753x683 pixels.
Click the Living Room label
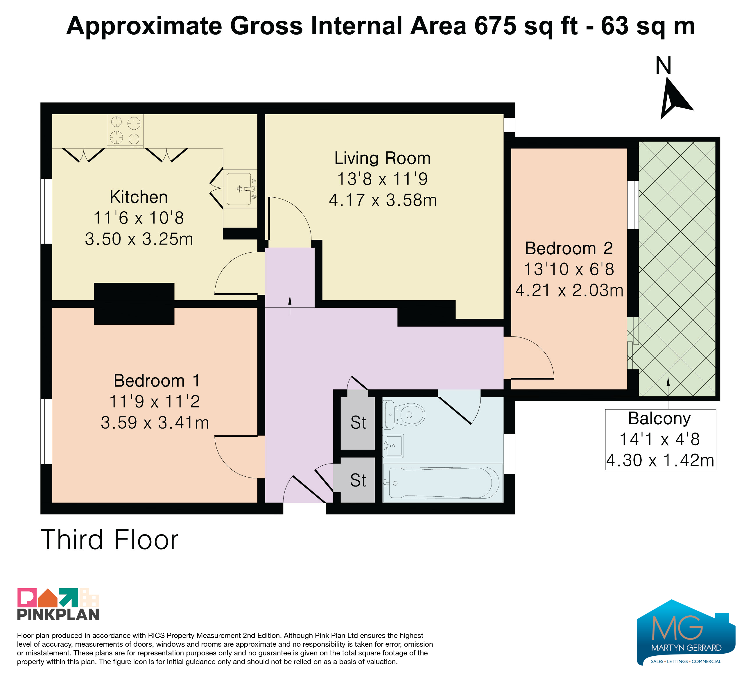(383, 158)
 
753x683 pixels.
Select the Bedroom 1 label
(157, 381)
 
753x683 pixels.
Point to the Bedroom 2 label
(569, 248)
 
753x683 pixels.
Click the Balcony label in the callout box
(659, 419)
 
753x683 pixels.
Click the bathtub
(443, 483)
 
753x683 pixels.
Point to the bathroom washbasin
(393, 446)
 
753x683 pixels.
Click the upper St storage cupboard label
(358, 423)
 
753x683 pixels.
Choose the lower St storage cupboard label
(358, 480)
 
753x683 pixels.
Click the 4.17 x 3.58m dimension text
(383, 200)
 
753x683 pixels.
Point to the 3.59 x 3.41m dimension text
(155, 423)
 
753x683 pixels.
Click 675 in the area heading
(495, 26)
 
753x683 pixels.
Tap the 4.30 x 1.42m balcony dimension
(660, 460)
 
